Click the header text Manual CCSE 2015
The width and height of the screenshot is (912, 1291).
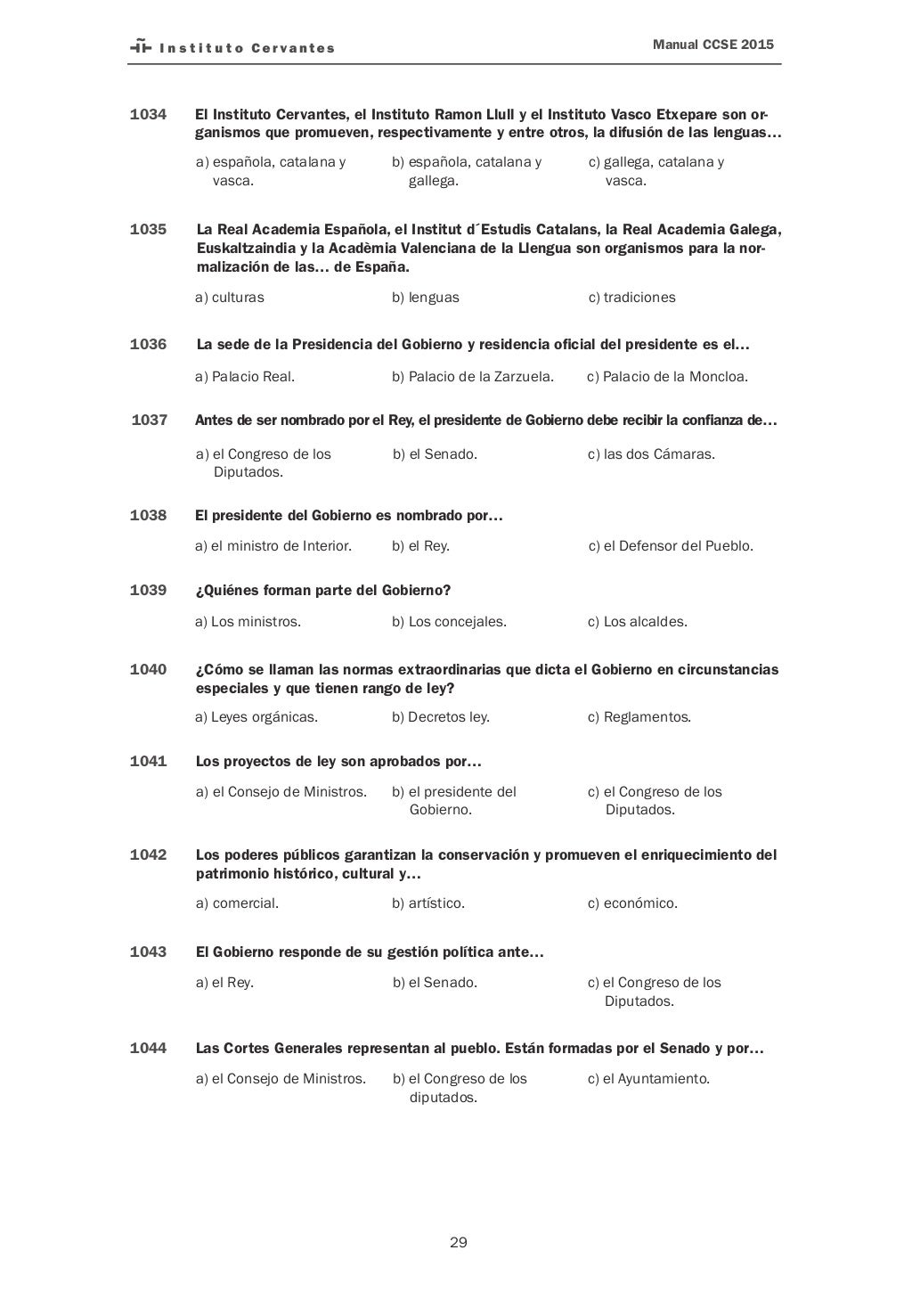712,44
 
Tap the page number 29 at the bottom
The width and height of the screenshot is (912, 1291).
459,1242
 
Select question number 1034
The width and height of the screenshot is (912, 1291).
148,114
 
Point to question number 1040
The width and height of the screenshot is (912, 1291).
148,669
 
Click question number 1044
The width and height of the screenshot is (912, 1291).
148,1048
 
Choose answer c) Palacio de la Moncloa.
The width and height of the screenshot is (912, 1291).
667,376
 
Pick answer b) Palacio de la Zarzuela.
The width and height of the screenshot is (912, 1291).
472,376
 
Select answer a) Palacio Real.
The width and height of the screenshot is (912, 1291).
245,376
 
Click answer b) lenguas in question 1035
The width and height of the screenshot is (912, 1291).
426,297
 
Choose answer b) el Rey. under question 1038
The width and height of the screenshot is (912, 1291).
420,545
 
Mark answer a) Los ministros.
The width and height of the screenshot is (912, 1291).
248,621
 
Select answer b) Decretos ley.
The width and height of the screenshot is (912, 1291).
441,716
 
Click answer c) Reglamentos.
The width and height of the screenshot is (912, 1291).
639,716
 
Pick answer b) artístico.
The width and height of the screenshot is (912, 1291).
428,903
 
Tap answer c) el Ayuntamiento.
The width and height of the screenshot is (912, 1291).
648,1078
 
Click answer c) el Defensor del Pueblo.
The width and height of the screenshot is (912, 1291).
671,545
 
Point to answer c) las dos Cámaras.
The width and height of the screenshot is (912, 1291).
651,453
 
